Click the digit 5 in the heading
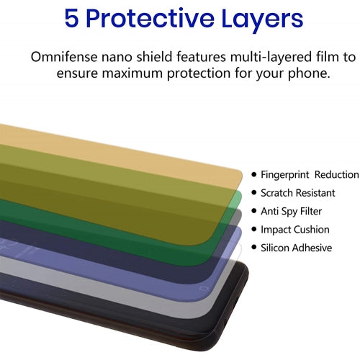pos(73,19)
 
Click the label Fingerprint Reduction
pos(309,175)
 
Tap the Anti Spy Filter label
pos(291,212)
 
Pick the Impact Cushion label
pos(294,230)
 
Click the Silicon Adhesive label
pos(296,248)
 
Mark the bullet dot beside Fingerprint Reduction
pos(254,175)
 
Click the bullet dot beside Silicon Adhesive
pos(254,248)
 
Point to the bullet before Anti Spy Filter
pos(254,212)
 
